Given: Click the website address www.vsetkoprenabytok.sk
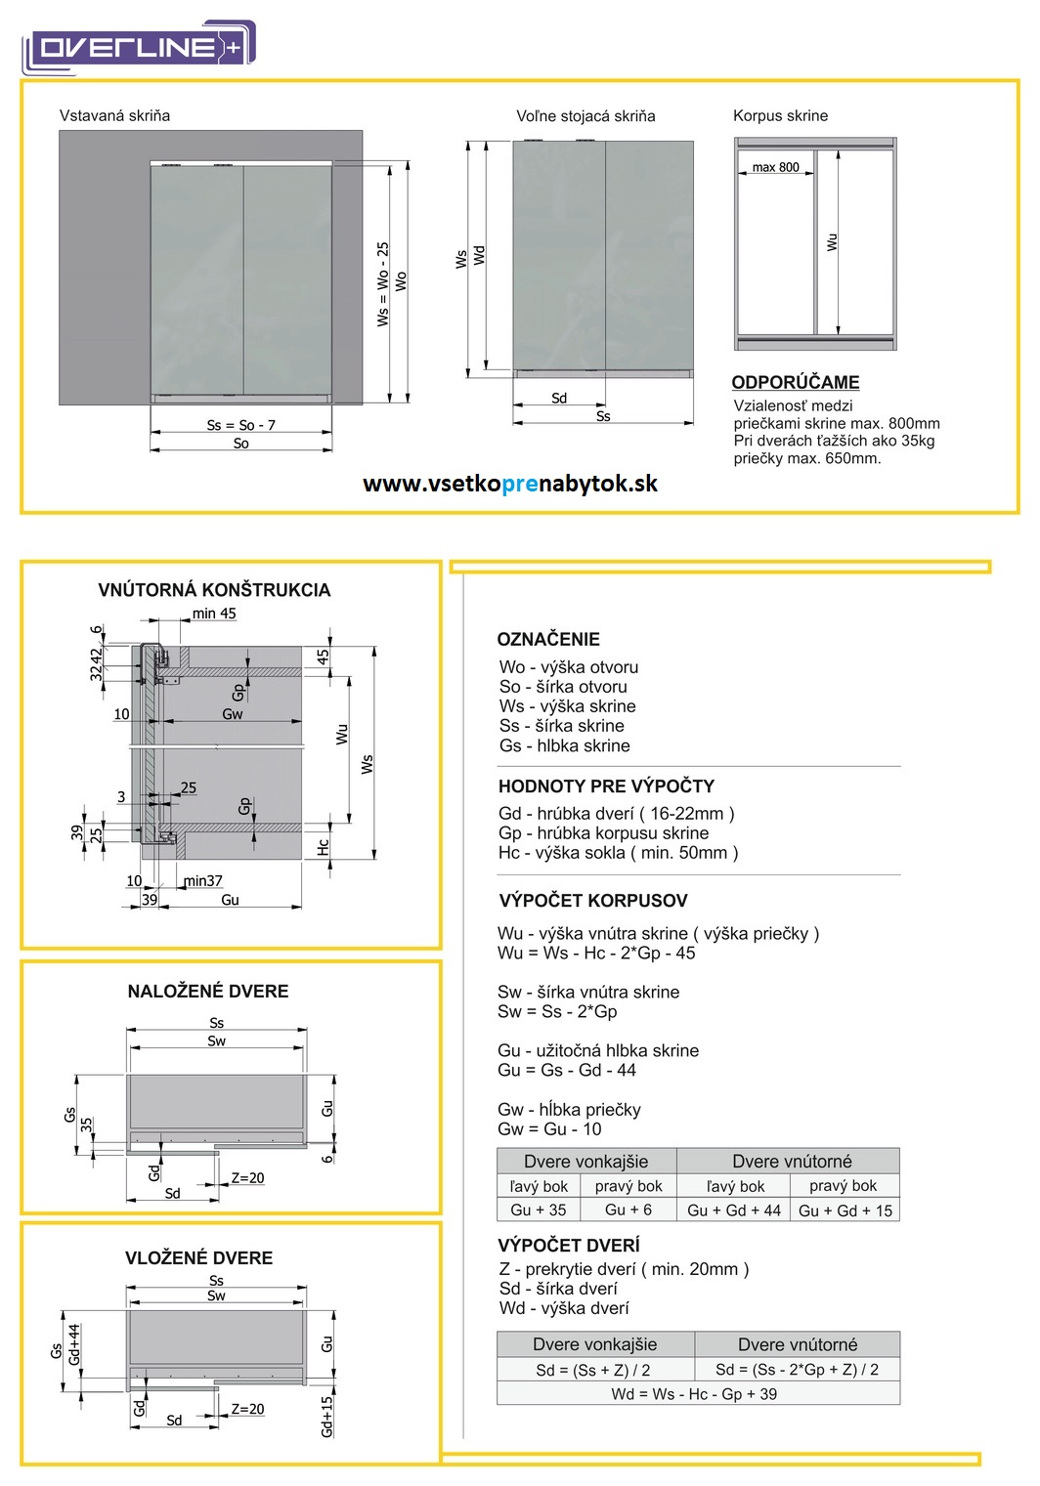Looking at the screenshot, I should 509,484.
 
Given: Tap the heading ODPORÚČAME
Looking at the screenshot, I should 795,382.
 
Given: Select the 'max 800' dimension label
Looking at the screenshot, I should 775,167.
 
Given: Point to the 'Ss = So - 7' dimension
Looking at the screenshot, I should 240,425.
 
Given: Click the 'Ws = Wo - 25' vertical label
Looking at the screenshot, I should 383,283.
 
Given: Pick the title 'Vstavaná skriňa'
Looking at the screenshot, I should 114,115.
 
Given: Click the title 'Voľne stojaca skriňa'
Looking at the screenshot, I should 585,115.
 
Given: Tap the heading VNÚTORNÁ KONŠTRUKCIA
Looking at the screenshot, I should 214,590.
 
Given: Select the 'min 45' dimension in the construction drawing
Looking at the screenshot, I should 214,614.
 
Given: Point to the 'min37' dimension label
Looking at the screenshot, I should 203,880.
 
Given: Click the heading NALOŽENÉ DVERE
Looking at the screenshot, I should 208,991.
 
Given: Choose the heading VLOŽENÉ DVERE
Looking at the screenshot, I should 198,1257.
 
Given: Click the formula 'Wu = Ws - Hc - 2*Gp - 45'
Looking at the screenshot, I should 596,953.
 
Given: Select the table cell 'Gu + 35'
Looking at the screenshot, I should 538,1210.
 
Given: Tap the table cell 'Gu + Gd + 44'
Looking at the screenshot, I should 734,1210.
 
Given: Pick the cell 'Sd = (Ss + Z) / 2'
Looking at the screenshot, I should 592,1370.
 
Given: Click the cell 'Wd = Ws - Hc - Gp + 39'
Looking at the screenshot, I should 694,1394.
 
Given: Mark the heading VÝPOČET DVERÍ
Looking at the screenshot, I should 569,1245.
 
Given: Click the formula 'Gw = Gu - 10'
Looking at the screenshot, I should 549,1128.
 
